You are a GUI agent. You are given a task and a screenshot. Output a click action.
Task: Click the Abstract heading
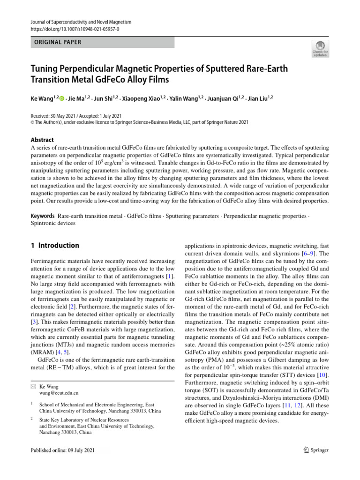42,140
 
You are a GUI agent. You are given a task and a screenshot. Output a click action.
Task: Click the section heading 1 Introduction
54,245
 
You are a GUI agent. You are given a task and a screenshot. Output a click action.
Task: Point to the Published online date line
62,450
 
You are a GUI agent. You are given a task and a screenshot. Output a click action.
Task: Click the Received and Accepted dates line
76,116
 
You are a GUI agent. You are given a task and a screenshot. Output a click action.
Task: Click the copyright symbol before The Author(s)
32,123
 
